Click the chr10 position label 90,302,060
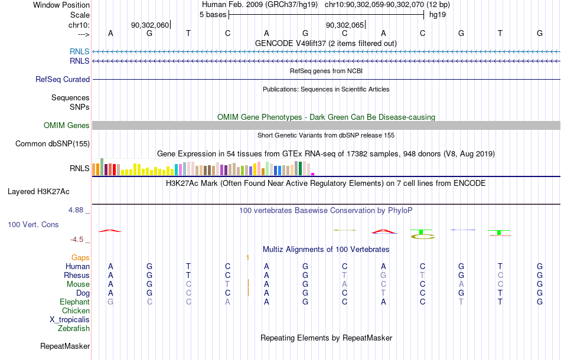click(149, 25)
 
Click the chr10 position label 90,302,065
click(344, 25)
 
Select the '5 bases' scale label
click(213, 15)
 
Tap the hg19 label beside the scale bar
click(438, 15)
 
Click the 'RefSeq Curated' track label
click(63, 79)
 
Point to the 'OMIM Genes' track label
click(67, 126)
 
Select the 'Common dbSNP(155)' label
click(53, 144)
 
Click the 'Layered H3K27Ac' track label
click(38, 192)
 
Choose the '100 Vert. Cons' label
click(33, 224)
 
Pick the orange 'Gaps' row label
click(80, 257)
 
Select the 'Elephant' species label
click(75, 302)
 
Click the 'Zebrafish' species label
click(74, 328)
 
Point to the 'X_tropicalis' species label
click(70, 320)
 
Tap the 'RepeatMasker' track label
click(65, 346)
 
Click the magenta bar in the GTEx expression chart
click(313, 174)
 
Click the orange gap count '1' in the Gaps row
click(247, 257)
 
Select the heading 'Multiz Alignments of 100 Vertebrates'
click(326, 249)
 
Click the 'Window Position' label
click(61, 5)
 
